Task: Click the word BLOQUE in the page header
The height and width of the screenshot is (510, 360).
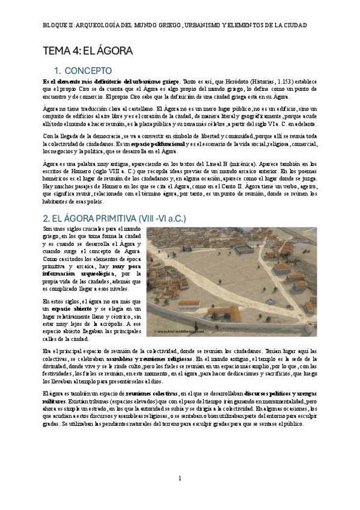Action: click(x=56, y=26)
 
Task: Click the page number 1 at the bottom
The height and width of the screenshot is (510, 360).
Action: click(x=180, y=478)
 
